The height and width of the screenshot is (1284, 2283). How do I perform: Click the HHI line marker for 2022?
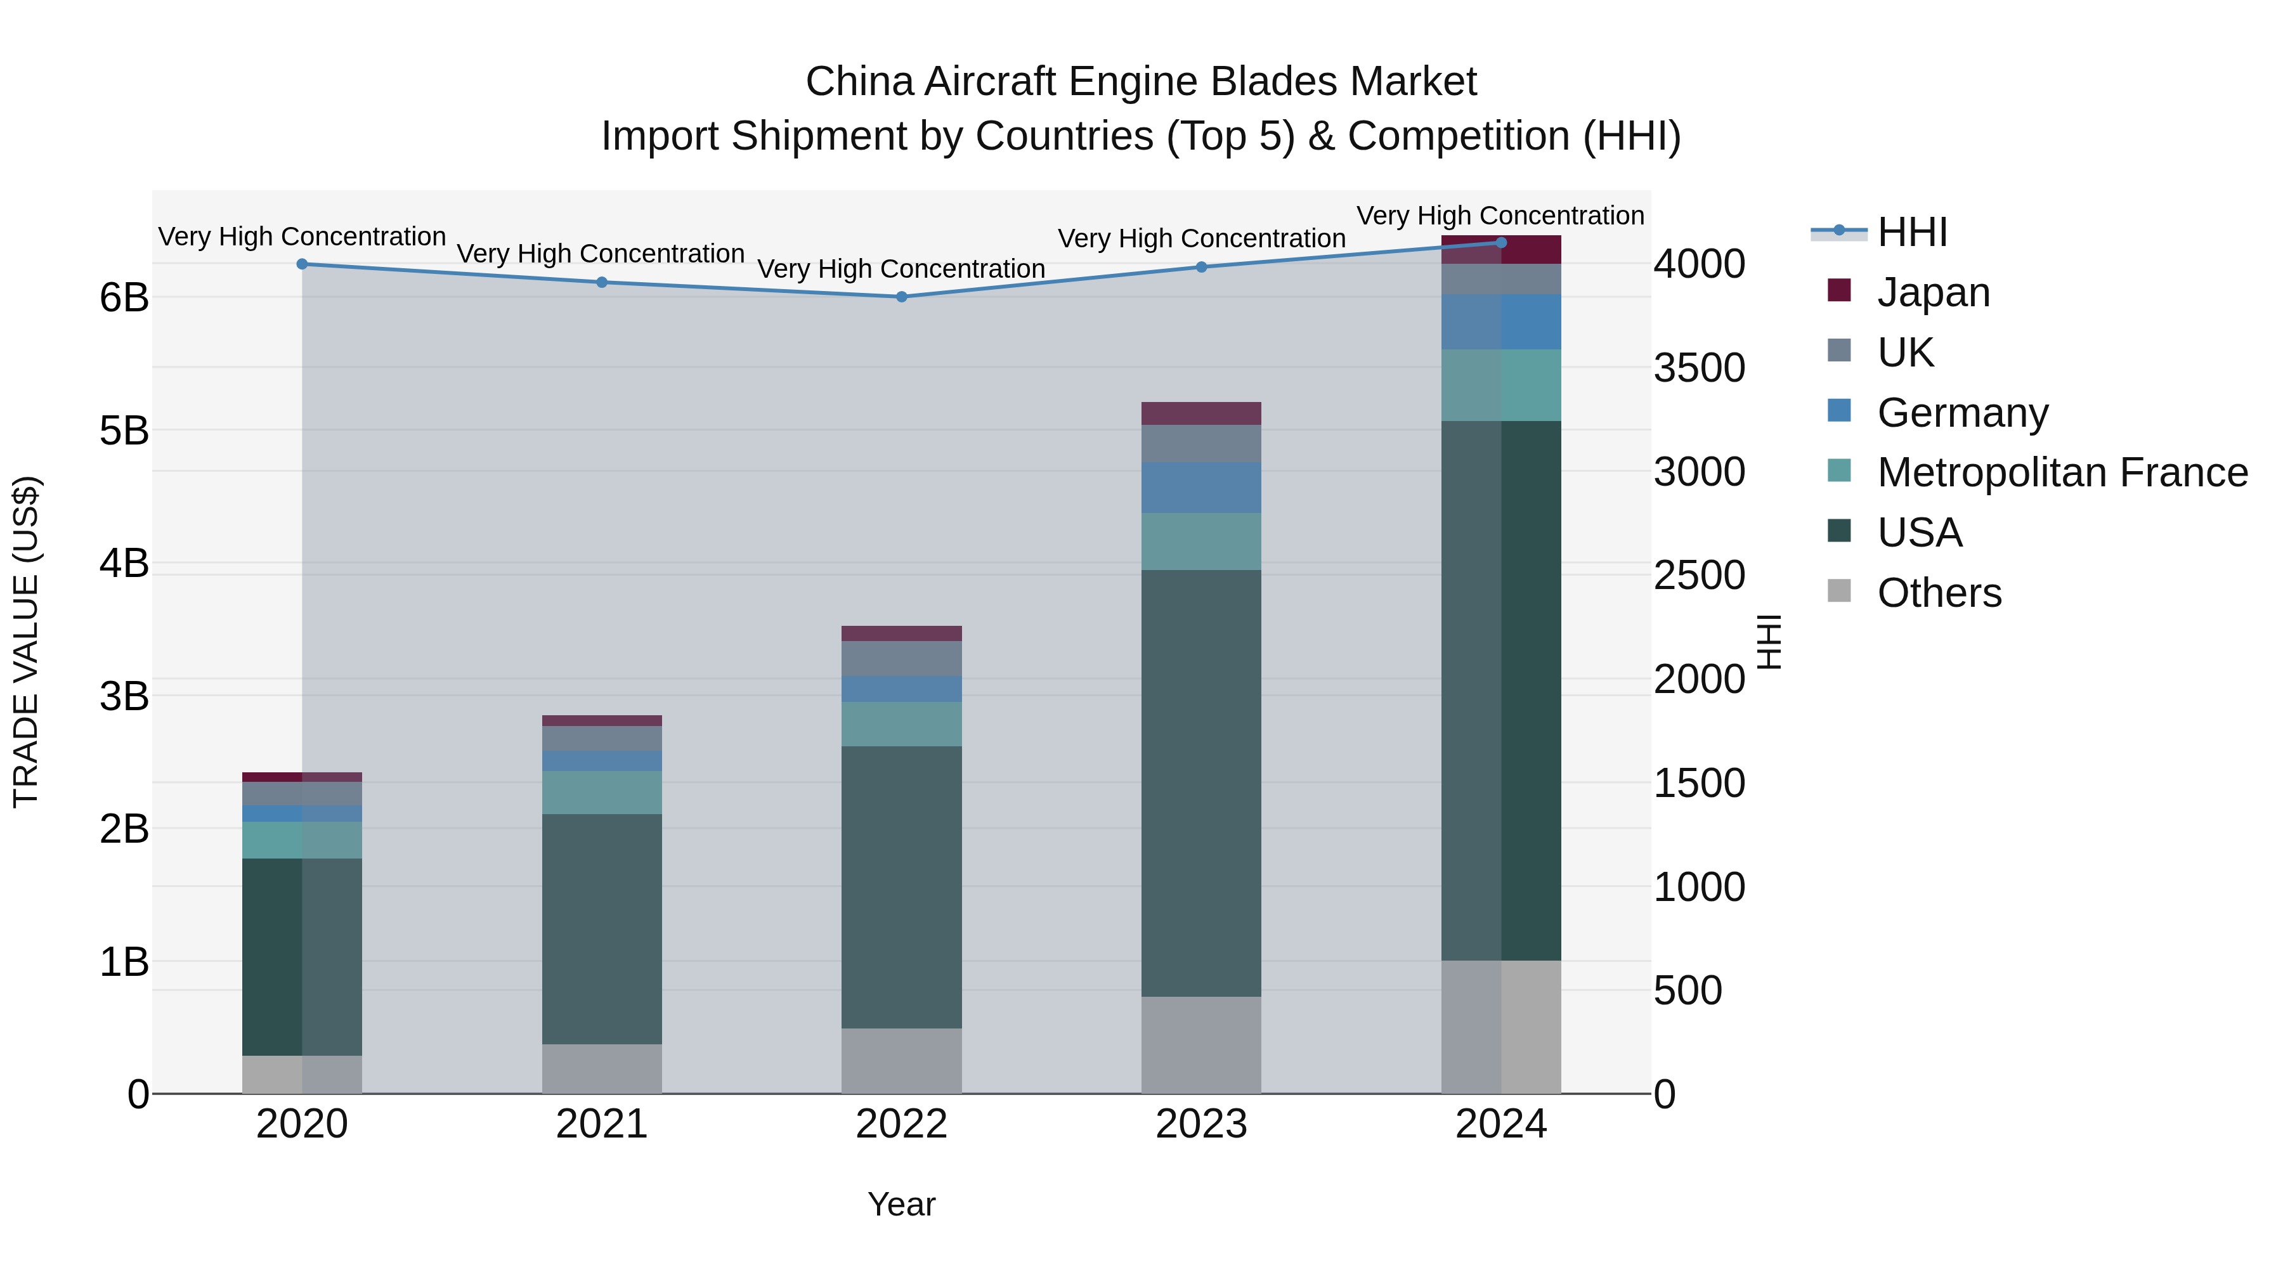(901, 297)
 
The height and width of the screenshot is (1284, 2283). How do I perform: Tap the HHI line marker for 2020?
(302, 264)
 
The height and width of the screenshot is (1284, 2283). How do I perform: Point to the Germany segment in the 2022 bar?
(901, 689)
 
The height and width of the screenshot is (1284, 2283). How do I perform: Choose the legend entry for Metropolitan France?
(2062, 472)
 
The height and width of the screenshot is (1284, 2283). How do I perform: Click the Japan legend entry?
(1933, 292)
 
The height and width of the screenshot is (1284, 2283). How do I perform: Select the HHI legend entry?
(1911, 232)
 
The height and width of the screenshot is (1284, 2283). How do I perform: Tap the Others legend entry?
(1938, 593)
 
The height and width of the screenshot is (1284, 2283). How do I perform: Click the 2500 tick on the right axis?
(1699, 576)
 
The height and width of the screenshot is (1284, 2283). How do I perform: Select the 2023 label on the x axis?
(1201, 1124)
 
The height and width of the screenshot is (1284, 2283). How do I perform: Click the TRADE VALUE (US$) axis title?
(27, 642)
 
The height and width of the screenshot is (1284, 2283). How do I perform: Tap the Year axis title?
(901, 1204)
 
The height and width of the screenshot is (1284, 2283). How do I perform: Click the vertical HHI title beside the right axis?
(1768, 642)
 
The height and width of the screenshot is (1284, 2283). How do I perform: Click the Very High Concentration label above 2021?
(601, 254)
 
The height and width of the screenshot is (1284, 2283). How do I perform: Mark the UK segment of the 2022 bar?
(901, 658)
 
